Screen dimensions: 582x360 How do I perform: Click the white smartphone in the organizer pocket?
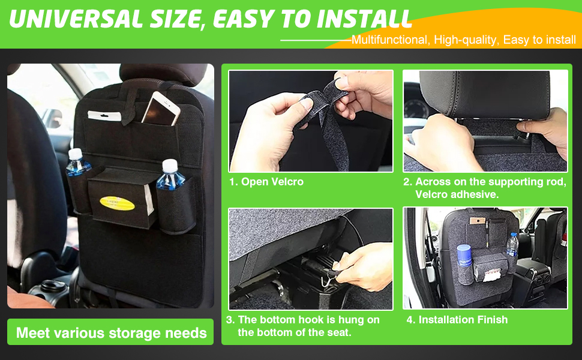(160, 109)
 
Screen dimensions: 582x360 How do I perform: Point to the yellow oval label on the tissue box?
(117, 203)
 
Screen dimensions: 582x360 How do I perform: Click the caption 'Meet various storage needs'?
(112, 332)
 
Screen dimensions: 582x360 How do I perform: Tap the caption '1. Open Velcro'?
(266, 181)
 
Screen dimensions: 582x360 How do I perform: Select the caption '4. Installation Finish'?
(457, 320)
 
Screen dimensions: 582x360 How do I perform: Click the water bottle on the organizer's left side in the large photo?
(77, 163)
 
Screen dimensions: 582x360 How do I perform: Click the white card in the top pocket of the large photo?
(104, 115)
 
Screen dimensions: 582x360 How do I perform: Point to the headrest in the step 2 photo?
(484, 95)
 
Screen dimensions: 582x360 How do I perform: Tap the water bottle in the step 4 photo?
(512, 244)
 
